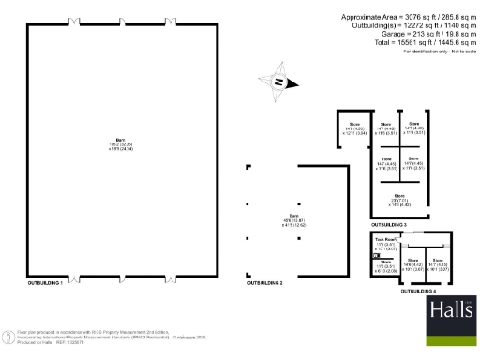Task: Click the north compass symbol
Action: (x=277, y=82)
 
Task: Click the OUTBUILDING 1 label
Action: (x=45, y=281)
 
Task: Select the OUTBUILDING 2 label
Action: (x=264, y=281)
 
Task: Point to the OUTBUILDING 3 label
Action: (x=389, y=226)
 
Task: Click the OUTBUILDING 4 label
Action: (x=417, y=292)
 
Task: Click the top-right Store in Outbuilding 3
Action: (x=413, y=128)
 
